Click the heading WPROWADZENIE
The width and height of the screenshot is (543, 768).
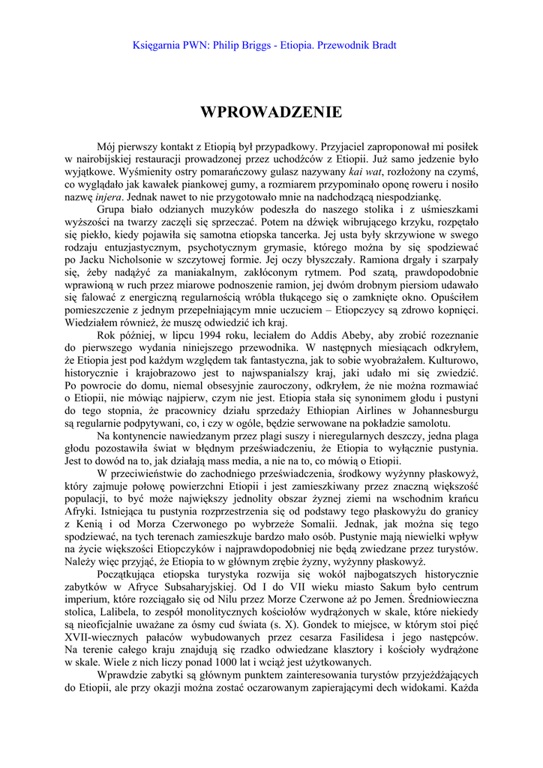tap(271, 112)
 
